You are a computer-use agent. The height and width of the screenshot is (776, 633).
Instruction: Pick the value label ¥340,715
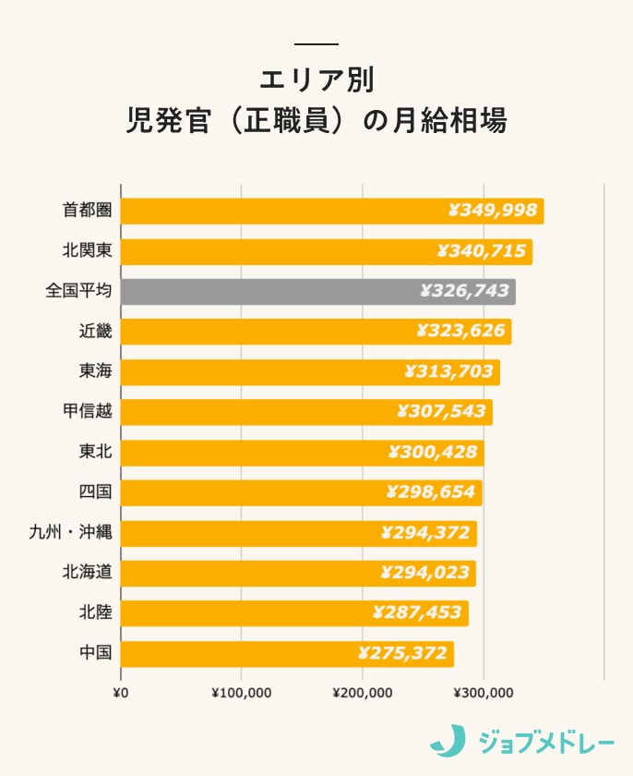point(481,251)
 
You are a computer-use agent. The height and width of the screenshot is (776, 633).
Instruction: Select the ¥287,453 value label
point(416,613)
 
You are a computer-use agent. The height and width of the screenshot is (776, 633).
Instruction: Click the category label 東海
point(95,371)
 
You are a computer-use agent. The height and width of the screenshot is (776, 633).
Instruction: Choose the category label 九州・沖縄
point(70,533)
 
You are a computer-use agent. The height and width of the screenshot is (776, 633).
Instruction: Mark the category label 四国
point(95,492)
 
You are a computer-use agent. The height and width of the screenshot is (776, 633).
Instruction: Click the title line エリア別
point(316,79)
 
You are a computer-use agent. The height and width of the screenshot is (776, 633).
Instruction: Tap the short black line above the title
point(316,44)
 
